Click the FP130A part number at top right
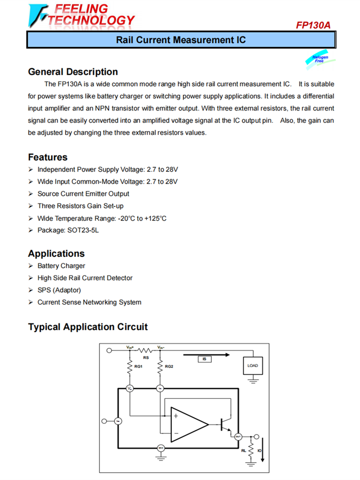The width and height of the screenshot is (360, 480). tap(313, 25)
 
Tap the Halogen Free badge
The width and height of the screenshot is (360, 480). tap(320, 60)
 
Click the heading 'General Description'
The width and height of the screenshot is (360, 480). tap(73, 72)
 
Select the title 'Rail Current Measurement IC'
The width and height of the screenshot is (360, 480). tap(180, 39)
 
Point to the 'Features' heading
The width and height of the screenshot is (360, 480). tap(48, 157)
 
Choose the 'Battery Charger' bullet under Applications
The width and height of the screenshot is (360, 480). tap(61, 266)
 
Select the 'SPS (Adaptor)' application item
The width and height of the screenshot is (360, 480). tap(59, 290)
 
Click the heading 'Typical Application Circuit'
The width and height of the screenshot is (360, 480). tap(88, 327)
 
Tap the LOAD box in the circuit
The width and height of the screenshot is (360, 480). tap(252, 366)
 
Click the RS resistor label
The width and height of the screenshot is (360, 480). tap(145, 357)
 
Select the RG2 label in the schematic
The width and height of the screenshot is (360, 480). tap(168, 366)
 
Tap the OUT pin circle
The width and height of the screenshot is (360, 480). tap(238, 436)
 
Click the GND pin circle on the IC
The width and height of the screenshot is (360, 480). tap(161, 448)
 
